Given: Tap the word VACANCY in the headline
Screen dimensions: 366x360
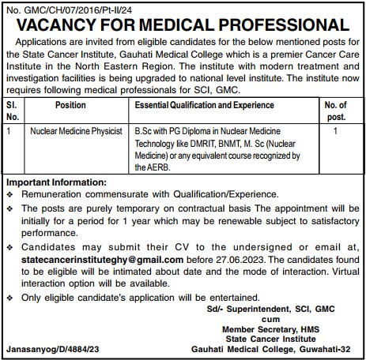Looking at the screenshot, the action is click(x=64, y=24).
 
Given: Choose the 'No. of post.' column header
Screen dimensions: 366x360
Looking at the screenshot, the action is click(x=337, y=110).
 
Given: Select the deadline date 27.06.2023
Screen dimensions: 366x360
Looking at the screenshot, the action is click(x=232, y=259).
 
